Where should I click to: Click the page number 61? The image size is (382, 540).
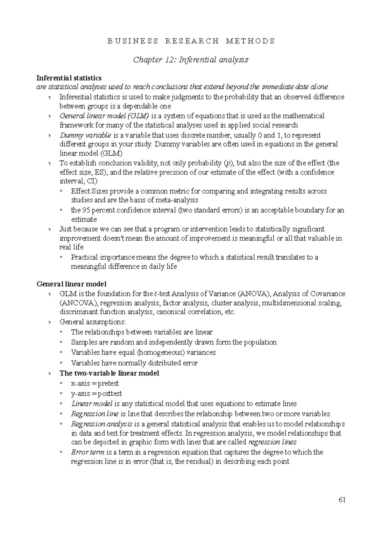342,500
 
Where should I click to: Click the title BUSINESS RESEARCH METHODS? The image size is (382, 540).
191,41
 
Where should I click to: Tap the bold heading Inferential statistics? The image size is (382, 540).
69,78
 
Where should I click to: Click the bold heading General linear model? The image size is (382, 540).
72,284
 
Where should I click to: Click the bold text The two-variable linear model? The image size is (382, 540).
109,373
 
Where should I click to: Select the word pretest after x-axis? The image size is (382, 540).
108,383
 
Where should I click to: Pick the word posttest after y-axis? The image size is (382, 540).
110,393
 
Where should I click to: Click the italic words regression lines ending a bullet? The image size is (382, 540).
272,442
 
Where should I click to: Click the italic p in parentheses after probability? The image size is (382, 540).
226,163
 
